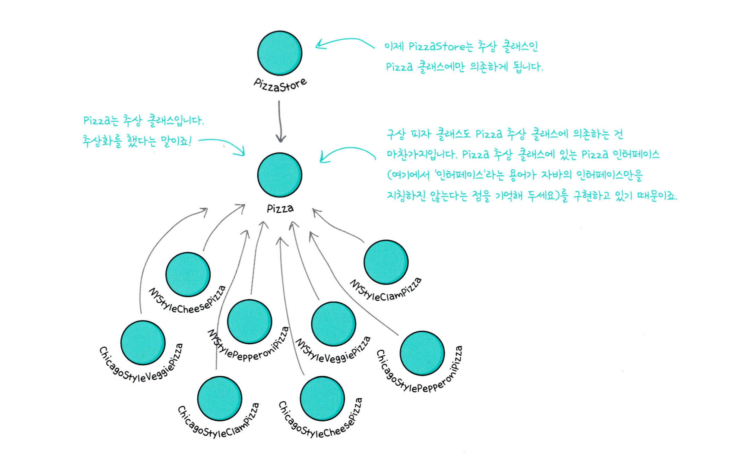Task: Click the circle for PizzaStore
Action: pos(280,53)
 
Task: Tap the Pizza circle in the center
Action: pos(280,175)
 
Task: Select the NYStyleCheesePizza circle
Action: pos(188,274)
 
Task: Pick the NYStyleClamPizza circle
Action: pos(386,262)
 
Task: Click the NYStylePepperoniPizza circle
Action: pos(250,322)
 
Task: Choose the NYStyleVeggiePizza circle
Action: pos(333,324)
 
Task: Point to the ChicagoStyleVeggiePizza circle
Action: pos(143,343)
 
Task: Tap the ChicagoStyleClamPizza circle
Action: pos(220,399)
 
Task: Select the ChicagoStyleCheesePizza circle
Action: pos(322,399)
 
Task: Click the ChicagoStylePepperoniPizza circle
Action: pos(422,353)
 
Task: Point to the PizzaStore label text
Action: pos(280,84)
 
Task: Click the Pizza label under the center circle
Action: pos(280,209)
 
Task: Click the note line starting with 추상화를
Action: pos(137,141)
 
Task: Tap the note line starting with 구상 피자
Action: pos(504,134)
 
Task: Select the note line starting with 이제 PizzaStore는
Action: pos(461,46)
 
